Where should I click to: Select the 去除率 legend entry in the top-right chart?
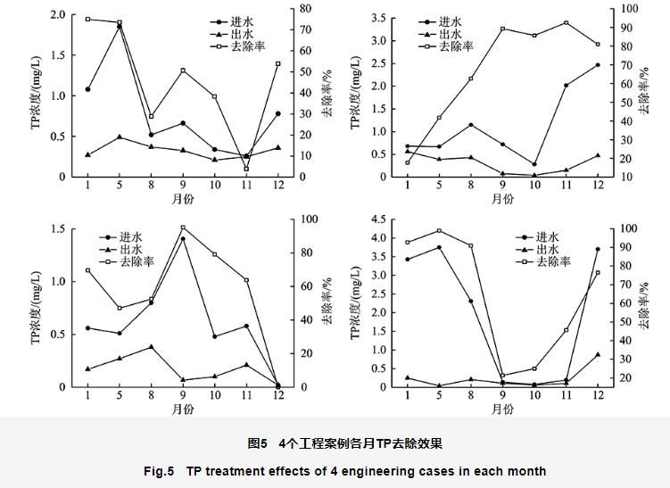(x=455, y=45)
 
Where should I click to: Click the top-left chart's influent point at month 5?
(x=119, y=27)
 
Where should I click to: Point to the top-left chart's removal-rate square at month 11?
(x=246, y=169)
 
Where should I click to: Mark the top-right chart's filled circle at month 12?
(x=597, y=65)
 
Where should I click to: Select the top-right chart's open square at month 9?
(x=502, y=29)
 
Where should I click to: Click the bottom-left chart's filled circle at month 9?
(x=183, y=239)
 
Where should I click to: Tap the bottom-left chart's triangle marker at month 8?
(x=151, y=347)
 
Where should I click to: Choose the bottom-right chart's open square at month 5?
(x=439, y=231)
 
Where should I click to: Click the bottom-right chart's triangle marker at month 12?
(x=597, y=354)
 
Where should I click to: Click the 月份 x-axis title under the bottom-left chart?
(x=183, y=409)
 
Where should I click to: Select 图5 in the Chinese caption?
(x=258, y=443)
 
